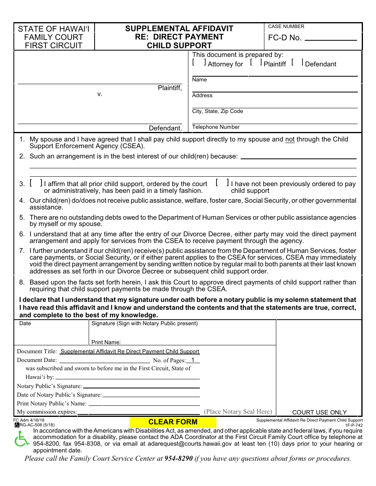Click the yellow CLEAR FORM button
[173, 422]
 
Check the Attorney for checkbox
[199, 62]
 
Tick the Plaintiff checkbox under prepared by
[256, 62]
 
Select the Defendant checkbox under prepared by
[297, 62]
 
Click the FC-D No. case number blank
[331, 38]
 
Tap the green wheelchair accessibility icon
[21, 439]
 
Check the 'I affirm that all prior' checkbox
[36, 183]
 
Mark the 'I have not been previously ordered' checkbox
[222, 183]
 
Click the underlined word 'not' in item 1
[290, 139]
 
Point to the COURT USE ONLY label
[319, 412]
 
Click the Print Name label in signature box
[106, 342]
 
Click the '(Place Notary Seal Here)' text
[238, 412]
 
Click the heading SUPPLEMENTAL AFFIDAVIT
[179, 28]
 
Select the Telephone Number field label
[216, 127]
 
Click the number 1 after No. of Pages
[193, 360]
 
